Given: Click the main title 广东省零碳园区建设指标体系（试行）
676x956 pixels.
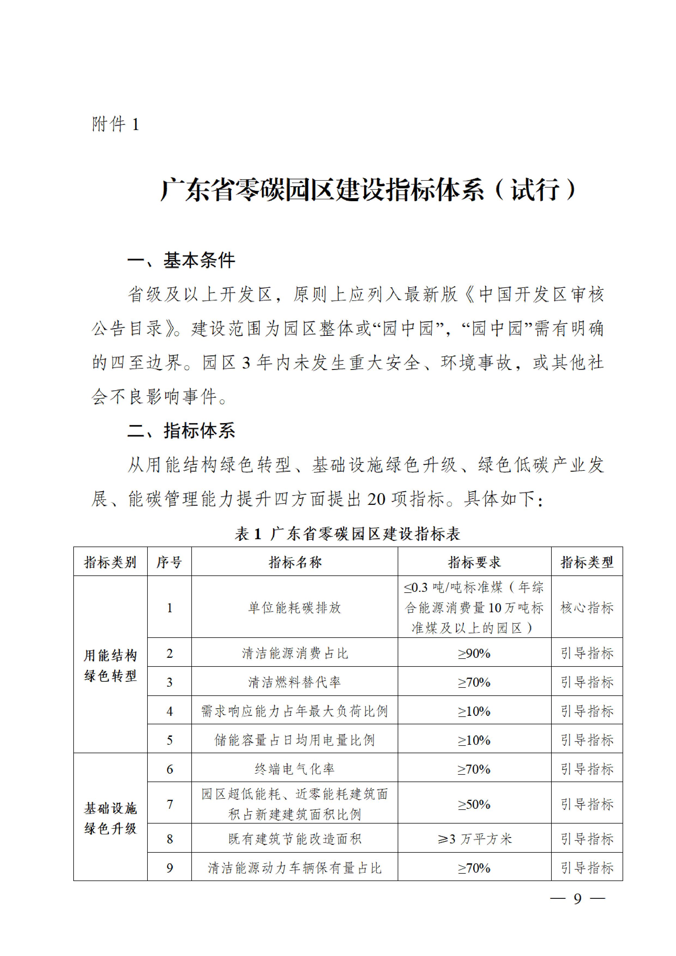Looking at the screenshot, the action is coord(368,190).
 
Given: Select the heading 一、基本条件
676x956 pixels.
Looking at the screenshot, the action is coord(181,260).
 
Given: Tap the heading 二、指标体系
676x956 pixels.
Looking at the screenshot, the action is coord(181,430).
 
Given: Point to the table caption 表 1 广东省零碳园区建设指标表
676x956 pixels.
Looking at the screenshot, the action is coord(348,534).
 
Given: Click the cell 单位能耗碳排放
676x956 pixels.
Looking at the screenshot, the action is coord(294,608).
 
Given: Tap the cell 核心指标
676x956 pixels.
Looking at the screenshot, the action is coord(587,608).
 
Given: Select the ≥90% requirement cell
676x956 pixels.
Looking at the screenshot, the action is coord(474,653).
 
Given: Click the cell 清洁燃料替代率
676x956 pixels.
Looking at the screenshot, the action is coord(294,682).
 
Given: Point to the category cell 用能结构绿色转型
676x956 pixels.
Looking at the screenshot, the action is coord(110,665).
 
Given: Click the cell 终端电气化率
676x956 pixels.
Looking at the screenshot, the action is coord(294,769).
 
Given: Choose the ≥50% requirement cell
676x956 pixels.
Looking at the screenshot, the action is coord(474,804).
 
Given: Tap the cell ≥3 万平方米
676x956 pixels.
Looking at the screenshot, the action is coord(474,839).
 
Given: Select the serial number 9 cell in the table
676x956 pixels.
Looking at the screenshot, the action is coord(170,868).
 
